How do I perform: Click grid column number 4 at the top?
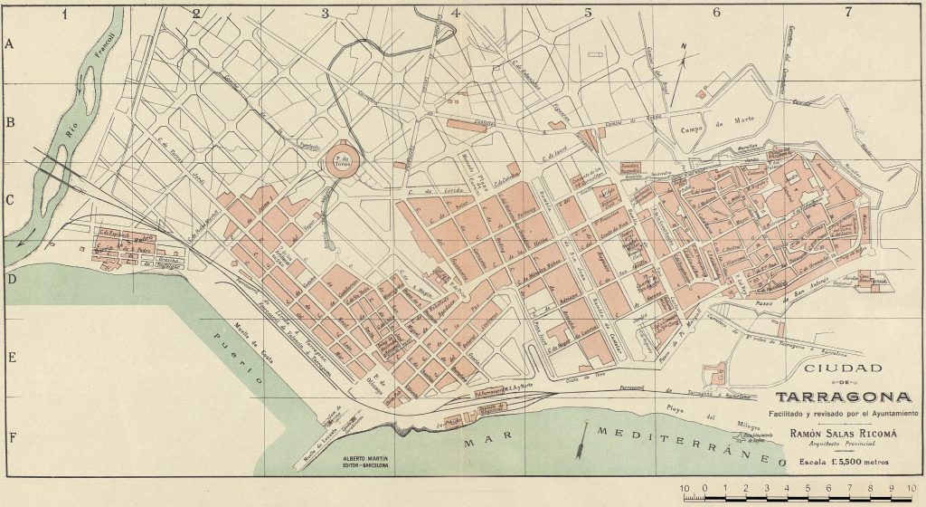pos(455,13)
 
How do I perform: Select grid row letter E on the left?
pos(12,357)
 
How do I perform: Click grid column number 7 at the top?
pos(848,13)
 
